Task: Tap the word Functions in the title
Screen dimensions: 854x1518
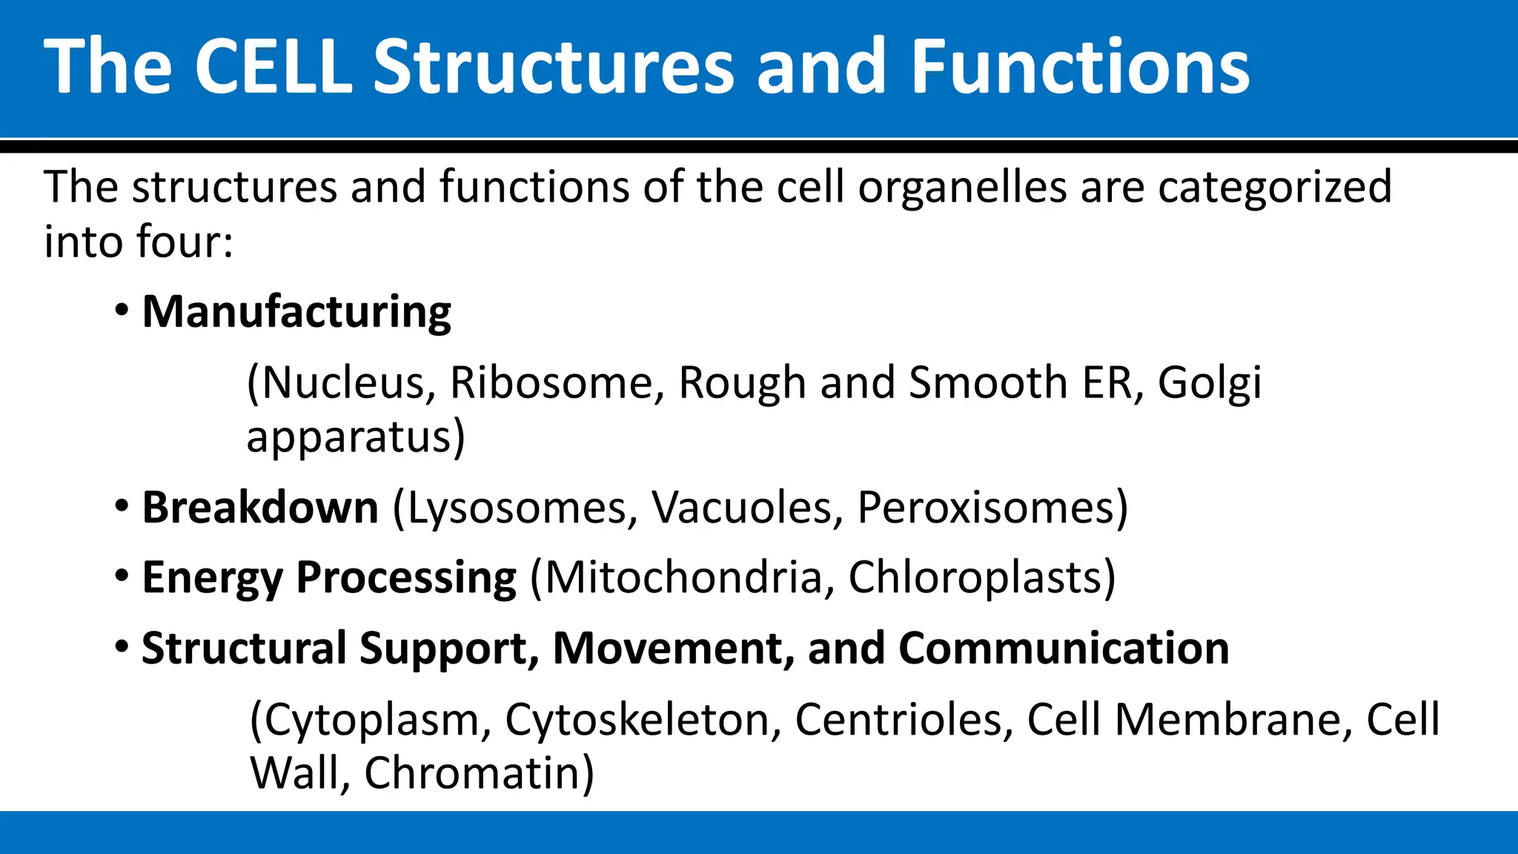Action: pos(1080,67)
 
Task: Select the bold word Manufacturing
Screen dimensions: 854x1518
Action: pos(296,311)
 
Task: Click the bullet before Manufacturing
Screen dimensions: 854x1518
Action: pos(122,310)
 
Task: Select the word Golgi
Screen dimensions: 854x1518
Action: pos(1209,383)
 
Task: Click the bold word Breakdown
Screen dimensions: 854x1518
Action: pos(260,508)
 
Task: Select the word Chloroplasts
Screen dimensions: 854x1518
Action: pos(975,577)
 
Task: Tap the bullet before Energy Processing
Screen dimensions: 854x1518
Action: pos(122,576)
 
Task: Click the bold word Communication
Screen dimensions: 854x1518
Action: pos(1064,648)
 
